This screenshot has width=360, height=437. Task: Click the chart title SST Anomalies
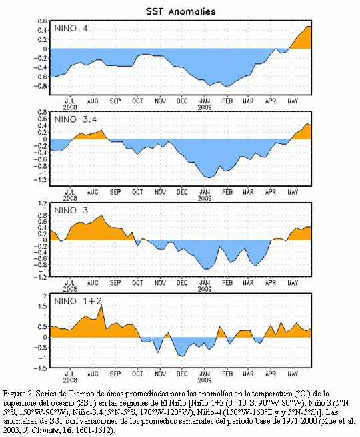tap(181, 11)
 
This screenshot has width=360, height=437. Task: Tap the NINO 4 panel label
tap(71, 29)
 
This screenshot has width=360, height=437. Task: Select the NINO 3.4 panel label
tap(75, 119)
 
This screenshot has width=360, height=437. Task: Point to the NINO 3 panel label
tap(71, 210)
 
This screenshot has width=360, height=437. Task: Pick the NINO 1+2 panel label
tap(78, 301)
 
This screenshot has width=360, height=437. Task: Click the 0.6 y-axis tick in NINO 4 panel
tap(43, 21)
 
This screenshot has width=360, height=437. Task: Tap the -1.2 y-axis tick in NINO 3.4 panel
tap(41, 180)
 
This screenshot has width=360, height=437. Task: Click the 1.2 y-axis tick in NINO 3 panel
tap(43, 203)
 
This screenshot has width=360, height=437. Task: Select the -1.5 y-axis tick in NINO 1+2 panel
tap(41, 368)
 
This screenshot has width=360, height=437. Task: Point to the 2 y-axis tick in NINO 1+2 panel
tap(45, 296)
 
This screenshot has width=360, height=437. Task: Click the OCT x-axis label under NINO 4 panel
tap(137, 101)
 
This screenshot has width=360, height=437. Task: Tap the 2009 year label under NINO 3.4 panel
tap(205, 198)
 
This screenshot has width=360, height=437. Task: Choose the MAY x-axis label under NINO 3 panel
tap(293, 283)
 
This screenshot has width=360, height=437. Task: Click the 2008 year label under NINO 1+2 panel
tap(70, 380)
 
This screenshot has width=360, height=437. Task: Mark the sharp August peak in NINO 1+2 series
tap(101, 306)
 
